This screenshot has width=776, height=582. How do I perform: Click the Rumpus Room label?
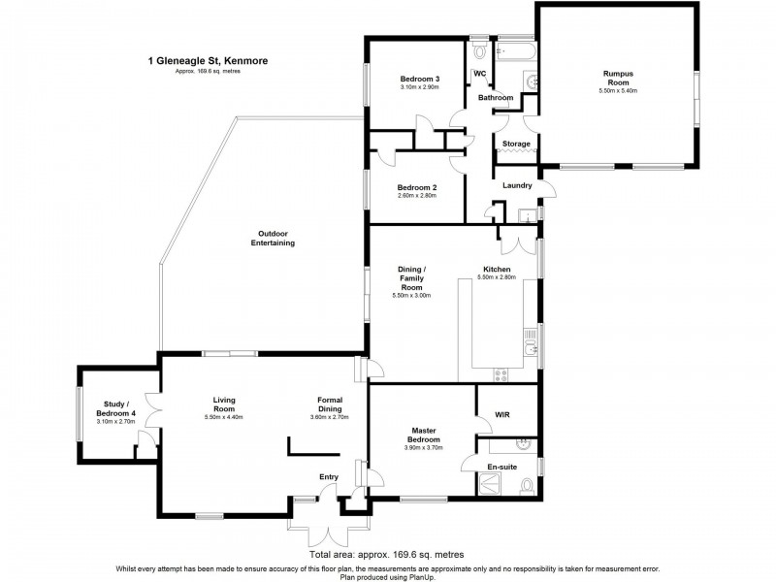[x=618, y=79]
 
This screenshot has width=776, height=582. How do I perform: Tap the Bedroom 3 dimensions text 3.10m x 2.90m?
[x=420, y=87]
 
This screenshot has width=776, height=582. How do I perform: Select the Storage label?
[x=516, y=144]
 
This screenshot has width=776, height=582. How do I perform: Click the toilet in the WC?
[x=479, y=50]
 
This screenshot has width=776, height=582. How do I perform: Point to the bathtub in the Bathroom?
[x=515, y=51]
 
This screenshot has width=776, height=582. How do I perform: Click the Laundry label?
[x=517, y=185]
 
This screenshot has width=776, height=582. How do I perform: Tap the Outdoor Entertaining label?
[x=273, y=238]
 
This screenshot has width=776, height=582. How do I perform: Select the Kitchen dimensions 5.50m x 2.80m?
[x=497, y=277]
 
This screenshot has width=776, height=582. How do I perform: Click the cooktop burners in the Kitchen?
[x=501, y=375]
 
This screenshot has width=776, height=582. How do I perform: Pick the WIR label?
[x=501, y=415]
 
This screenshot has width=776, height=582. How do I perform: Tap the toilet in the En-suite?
[x=527, y=487]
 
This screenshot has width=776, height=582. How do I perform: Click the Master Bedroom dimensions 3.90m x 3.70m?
[x=424, y=447]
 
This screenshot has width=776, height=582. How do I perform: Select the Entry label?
[x=329, y=477]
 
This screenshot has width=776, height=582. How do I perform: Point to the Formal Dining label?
[x=330, y=404]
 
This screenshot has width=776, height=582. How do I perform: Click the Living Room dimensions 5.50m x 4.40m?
[x=224, y=417]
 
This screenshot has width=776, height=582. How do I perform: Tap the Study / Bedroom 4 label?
[x=115, y=408]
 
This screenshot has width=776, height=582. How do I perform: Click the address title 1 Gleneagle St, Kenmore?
[x=208, y=61]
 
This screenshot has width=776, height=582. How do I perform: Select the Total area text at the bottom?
[x=386, y=554]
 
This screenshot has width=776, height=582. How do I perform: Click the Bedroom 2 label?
[x=417, y=187]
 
